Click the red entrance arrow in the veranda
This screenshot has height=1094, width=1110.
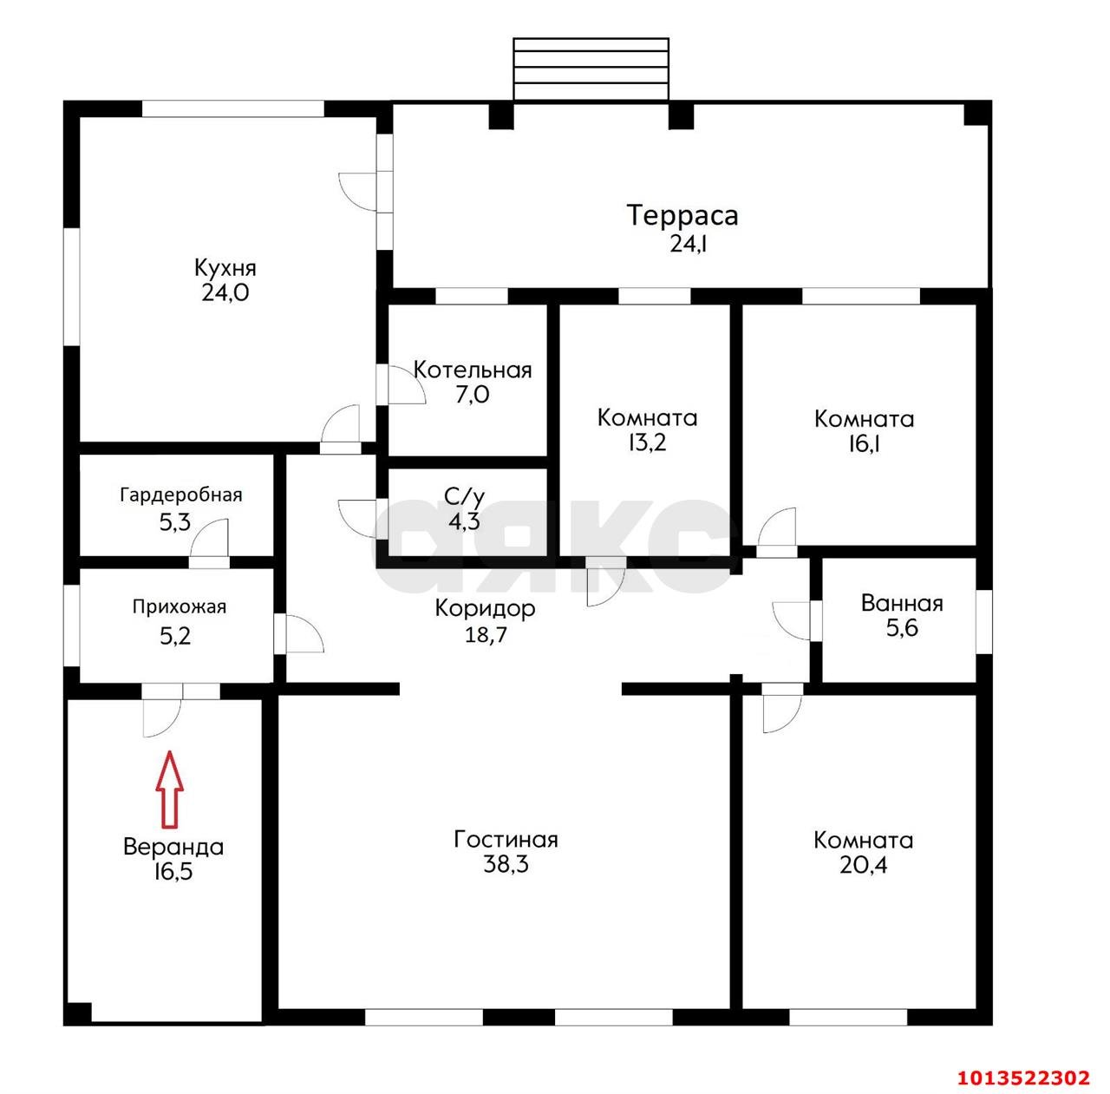[170, 789]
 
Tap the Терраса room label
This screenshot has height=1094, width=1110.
[682, 215]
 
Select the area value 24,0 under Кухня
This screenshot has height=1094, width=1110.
[225, 293]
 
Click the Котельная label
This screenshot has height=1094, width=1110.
[473, 370]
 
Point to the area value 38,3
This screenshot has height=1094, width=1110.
[506, 865]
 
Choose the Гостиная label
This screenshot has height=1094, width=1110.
[506, 839]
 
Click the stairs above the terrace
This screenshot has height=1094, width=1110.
[591, 69]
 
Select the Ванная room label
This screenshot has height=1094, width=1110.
[902, 603]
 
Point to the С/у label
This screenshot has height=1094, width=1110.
[464, 496]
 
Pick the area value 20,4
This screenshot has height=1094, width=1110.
[863, 865]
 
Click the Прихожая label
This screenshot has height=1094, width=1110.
[180, 606]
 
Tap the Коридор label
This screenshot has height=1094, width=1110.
[485, 608]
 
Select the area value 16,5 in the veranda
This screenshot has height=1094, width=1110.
[173, 872]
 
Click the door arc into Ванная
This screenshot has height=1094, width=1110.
[791, 621]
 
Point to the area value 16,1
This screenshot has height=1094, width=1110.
[865, 444]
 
